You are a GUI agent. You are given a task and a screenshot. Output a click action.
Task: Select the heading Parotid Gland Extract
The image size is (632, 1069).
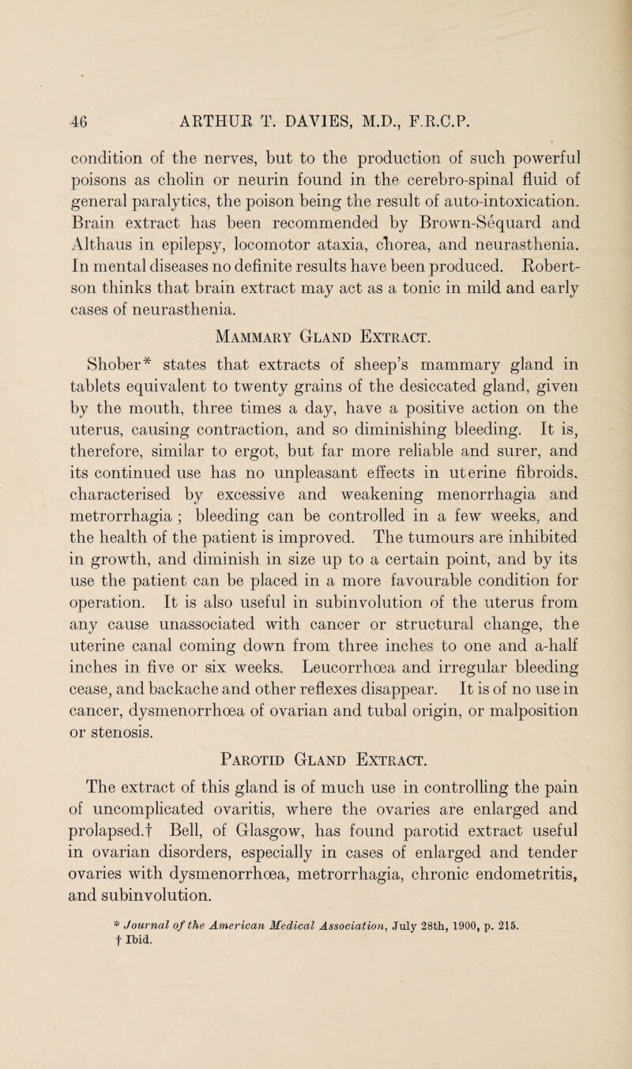click(x=316, y=796)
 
